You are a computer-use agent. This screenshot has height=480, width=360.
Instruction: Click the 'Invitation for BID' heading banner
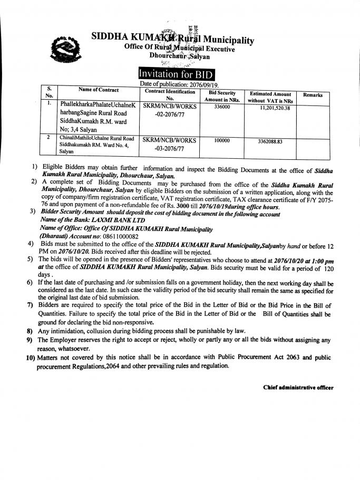coord(177,74)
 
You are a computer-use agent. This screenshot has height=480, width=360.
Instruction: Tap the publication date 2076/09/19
coord(200,84)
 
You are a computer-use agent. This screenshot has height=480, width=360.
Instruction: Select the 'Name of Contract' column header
coord(99,90)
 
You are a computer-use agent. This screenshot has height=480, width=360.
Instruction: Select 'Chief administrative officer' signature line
coord(298,388)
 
